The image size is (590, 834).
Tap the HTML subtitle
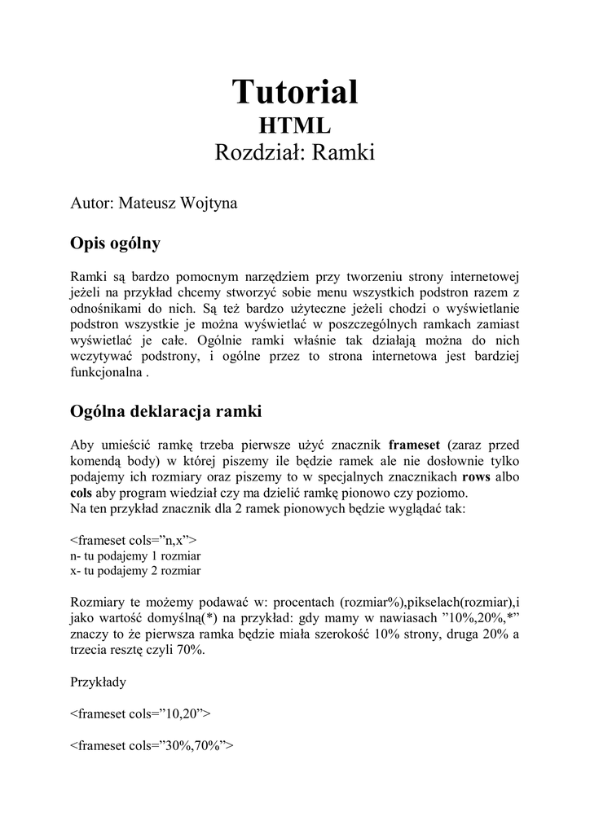(295, 125)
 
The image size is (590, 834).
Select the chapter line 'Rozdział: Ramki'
(295, 153)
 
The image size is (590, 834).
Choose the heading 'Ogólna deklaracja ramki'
(166, 412)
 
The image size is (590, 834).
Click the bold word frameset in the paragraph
(414, 445)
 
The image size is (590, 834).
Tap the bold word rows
(476, 476)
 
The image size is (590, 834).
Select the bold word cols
(81, 493)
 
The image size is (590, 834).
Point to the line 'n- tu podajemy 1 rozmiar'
(136, 555)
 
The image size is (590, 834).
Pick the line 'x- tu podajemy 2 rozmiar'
(136, 571)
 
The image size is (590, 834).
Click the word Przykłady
(99, 682)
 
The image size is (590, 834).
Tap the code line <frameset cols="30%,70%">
(152, 744)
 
